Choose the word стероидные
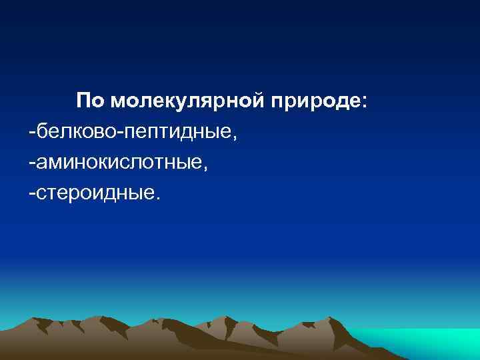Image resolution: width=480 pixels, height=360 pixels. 94,193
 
